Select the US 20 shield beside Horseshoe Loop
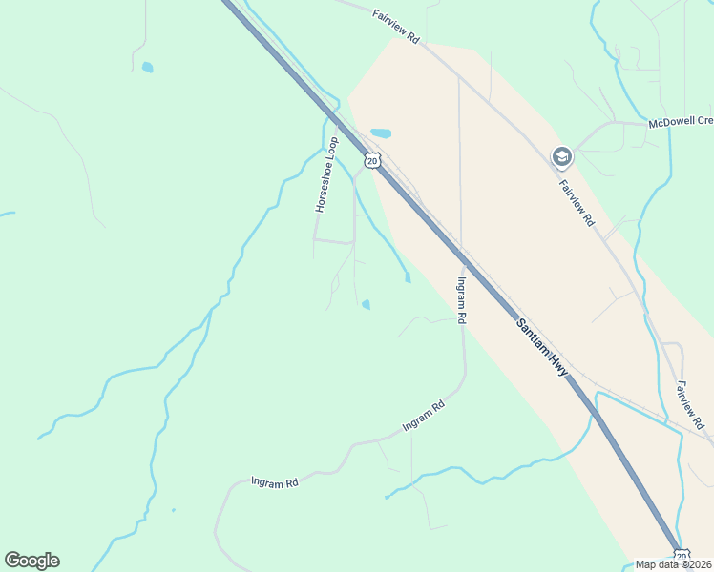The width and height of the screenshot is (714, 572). (372, 160)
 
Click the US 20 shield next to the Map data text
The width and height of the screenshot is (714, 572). (681, 555)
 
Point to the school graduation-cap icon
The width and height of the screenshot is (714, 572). (561, 155)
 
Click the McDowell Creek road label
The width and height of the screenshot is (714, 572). (681, 122)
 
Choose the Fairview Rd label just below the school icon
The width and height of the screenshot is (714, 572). (577, 202)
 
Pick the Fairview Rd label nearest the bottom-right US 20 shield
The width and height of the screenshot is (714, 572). (691, 404)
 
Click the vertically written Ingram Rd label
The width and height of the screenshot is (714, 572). (461, 300)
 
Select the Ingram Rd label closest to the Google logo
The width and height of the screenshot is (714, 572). (275, 482)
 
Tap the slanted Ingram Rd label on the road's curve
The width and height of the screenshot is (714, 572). (424, 416)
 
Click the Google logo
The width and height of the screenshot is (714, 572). (31, 561)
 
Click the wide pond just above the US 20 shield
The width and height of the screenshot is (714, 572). (381, 133)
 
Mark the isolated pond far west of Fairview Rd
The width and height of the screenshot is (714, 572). (147, 68)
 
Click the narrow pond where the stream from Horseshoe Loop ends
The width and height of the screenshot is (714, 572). (408, 277)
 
